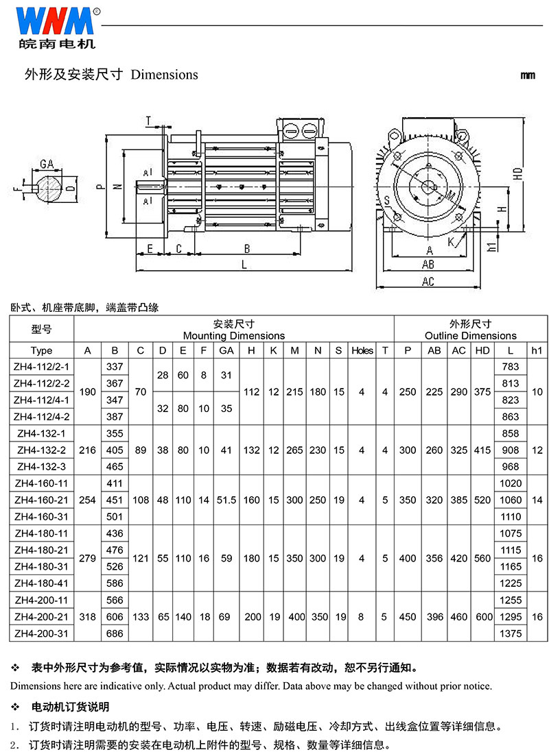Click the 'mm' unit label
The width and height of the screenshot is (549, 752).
tap(528, 75)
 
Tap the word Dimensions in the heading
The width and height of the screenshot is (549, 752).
tap(164, 75)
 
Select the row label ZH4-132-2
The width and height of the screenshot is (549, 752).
tap(41, 450)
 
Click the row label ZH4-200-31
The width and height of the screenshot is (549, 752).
tap(41, 633)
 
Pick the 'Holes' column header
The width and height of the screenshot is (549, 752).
tap(362, 350)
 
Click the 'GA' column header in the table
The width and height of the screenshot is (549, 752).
tap(226, 350)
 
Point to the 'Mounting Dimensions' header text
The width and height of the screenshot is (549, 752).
tap(234, 336)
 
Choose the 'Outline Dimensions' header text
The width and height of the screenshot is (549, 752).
tap(471, 336)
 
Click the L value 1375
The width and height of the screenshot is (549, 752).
tap(510, 633)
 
